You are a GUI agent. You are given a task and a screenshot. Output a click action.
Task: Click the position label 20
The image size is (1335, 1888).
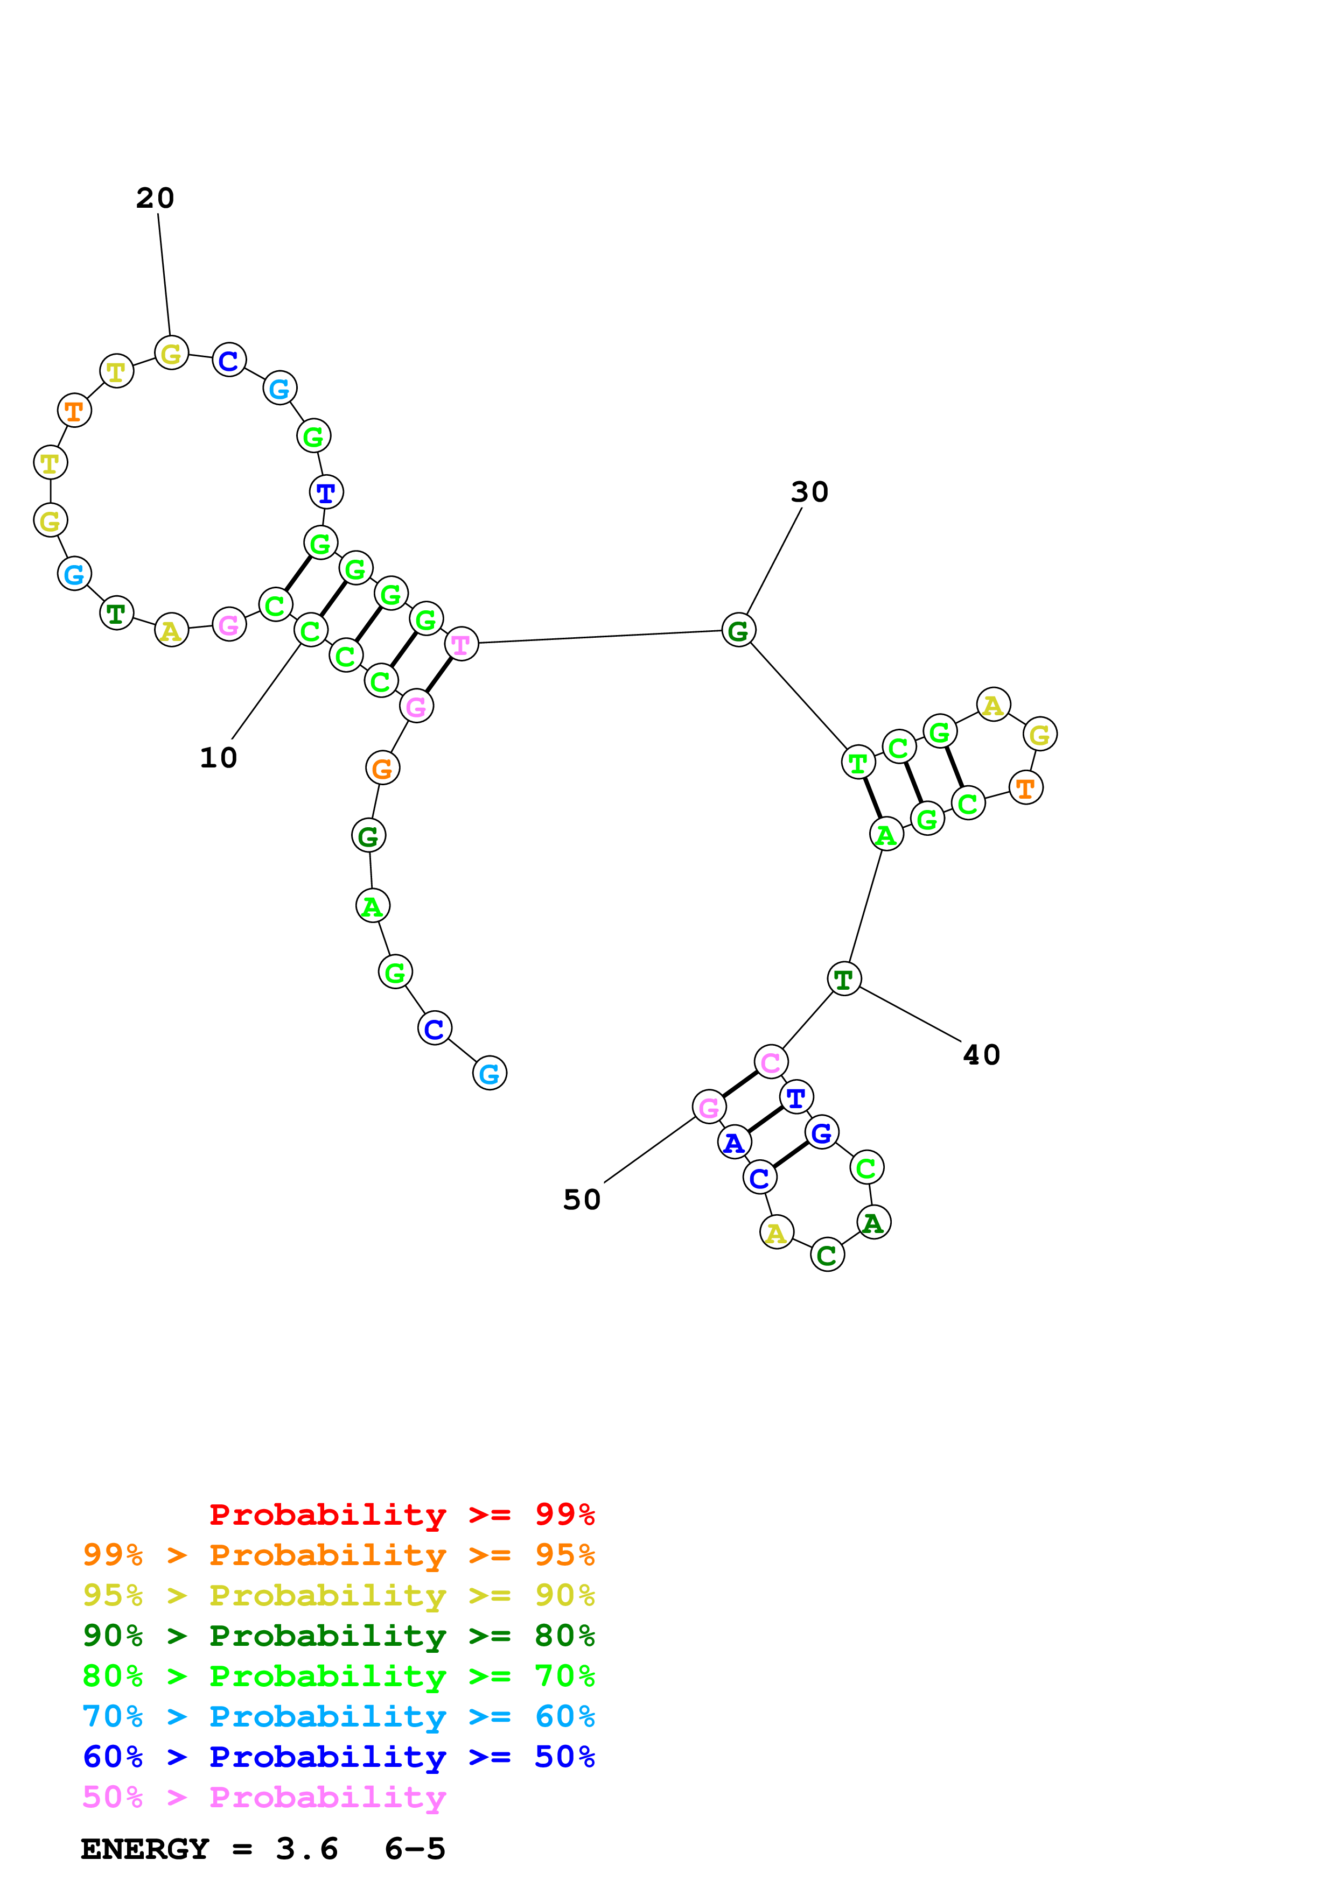coord(155,198)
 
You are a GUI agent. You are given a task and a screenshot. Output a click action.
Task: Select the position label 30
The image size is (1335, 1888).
coord(809,492)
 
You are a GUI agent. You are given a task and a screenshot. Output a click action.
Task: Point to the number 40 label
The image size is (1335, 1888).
coord(981,1055)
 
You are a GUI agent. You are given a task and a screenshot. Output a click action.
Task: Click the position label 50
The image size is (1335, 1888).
coord(582,1200)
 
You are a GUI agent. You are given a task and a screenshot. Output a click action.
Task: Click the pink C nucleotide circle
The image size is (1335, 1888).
coord(771,1062)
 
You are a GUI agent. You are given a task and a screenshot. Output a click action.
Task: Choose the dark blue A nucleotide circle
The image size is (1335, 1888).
coord(733,1142)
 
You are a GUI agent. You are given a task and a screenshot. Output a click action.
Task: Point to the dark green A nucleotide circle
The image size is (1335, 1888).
coord(873,1223)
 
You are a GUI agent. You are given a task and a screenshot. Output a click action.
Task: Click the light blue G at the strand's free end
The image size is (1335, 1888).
coord(490,1073)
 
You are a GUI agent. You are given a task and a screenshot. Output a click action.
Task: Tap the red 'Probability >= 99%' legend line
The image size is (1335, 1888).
coord(401,1514)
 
